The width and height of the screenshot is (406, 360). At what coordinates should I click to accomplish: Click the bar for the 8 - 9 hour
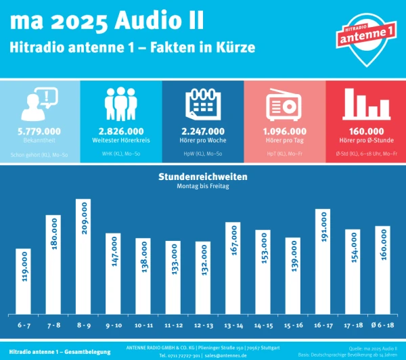(x=83, y=256)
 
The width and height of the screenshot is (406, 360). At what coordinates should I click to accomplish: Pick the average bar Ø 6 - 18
(x=383, y=270)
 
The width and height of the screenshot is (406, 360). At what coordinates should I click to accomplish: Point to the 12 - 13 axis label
(x=203, y=325)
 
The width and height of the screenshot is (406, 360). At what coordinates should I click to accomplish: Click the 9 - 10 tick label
(x=113, y=325)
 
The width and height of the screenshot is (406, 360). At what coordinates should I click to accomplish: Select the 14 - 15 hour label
(x=263, y=325)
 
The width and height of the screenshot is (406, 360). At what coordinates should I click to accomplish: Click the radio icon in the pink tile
(x=284, y=105)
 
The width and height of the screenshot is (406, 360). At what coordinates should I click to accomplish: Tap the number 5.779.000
(x=39, y=131)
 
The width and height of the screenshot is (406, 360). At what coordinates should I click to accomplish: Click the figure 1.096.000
(x=284, y=131)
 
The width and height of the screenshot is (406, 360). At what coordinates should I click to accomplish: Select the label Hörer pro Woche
(x=202, y=140)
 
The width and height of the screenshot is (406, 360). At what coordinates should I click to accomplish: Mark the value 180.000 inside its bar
(x=53, y=244)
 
